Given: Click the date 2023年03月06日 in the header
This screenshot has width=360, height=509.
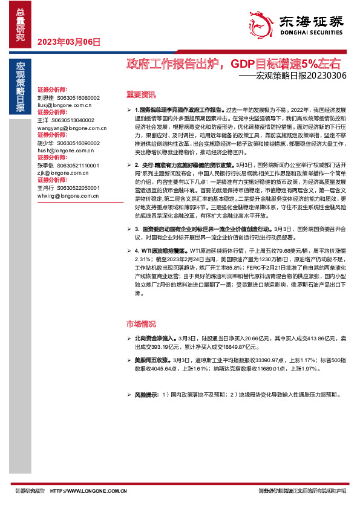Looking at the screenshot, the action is tap(68, 42).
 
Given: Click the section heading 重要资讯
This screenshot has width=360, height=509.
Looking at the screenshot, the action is tap(140, 95).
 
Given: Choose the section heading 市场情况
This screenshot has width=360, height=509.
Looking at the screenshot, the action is tap(140, 323).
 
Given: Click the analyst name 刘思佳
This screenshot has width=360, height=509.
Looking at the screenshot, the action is tap(46, 97).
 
